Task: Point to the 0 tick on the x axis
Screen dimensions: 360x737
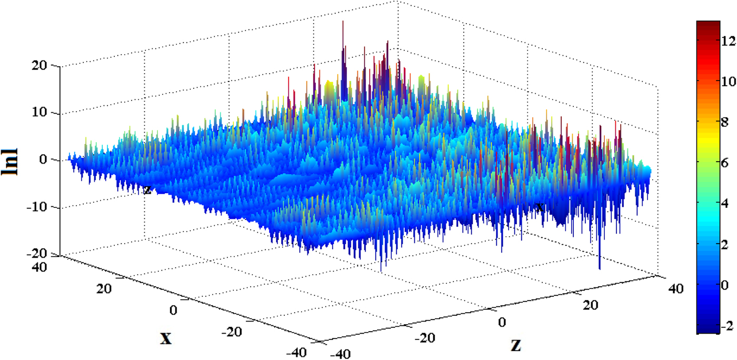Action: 174,310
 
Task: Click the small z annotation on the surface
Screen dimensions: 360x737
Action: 147,190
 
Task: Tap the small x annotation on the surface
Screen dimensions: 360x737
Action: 539,207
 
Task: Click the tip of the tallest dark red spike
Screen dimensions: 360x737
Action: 343,21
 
